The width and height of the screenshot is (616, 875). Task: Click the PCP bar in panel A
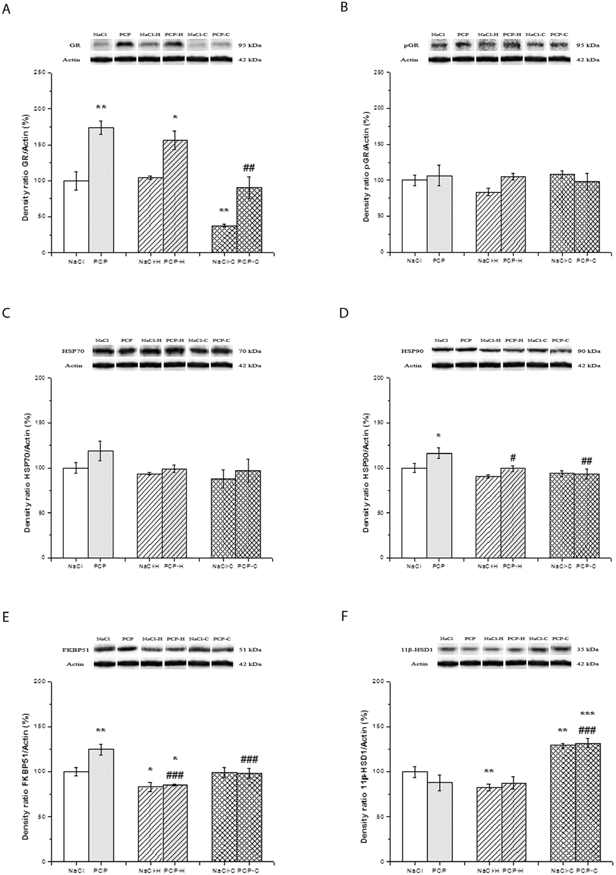tap(101, 190)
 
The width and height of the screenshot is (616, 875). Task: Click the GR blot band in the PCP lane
tap(125, 45)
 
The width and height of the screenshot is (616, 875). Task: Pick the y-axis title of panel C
tap(27, 468)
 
